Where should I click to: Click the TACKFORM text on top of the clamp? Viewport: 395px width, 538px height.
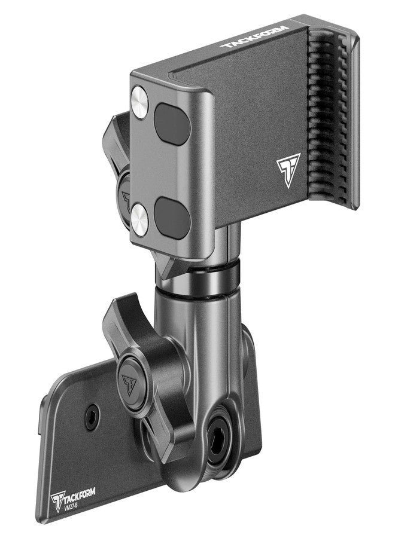point(254,37)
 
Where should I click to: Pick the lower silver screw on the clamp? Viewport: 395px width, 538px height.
point(139,219)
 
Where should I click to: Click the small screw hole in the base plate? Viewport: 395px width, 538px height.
point(92,416)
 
